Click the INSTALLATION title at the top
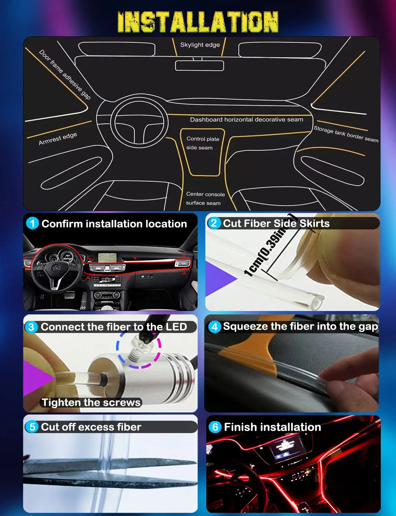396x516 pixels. pos(198,22)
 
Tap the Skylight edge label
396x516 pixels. pos(200,45)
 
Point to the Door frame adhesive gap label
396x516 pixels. pos(65,75)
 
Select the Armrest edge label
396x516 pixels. pos(58,139)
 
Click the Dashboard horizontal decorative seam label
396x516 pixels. pos(247,120)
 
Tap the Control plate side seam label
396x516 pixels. pos(202,143)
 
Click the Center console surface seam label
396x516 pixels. pos(205,198)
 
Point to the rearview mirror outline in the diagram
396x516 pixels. pos(199,65)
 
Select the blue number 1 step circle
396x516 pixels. pos(32,223)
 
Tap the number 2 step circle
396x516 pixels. pos(214,223)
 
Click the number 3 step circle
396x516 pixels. pos(31,326)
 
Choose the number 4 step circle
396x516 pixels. pos(215,326)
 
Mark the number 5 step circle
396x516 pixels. pos(32,427)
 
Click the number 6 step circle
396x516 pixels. pos(215,427)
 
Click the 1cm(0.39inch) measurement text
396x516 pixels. pos(270,245)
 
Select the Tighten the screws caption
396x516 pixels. pos(91,402)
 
